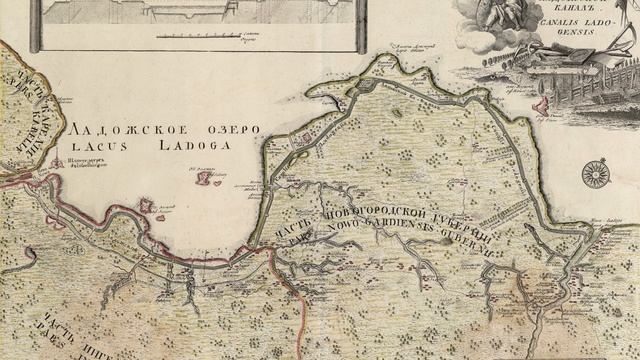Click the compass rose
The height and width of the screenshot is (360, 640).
click(x=596, y=173)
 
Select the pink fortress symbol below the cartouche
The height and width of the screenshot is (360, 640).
click(x=543, y=104)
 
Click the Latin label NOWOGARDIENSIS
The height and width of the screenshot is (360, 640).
click(x=400, y=238)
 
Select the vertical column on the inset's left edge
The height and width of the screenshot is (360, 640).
click(x=36, y=24)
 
